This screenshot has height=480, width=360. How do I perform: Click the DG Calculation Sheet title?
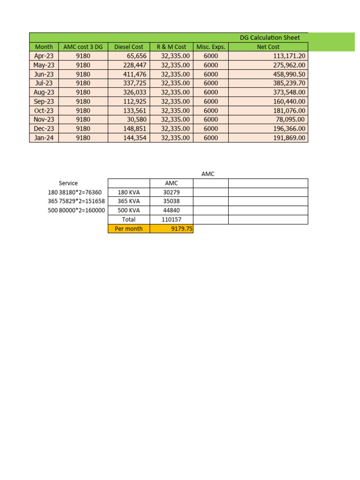coord(270,37)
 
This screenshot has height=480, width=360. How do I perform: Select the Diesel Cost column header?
coord(129,47)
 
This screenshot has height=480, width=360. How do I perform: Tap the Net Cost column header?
coord(268,47)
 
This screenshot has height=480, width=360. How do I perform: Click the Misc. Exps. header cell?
coord(211,47)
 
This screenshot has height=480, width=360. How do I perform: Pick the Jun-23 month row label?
coord(44,74)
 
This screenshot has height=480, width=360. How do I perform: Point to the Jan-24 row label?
coord(44,138)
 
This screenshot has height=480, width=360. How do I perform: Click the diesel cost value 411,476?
coord(135,74)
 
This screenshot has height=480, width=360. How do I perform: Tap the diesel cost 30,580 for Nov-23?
coord(136,120)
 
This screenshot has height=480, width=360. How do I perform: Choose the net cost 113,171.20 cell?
coord(285,56)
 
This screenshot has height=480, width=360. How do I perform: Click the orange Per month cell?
coord(129,229)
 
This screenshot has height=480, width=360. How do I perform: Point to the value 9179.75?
coord(182,229)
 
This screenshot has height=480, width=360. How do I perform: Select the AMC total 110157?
coord(171,219)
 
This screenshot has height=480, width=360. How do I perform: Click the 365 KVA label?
coord(129,201)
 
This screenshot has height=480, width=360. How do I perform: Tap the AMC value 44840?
coord(171,210)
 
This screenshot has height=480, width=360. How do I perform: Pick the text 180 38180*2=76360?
coord(75,192)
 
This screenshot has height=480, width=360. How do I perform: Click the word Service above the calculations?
coord(68,183)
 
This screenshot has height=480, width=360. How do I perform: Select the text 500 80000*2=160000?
coord(76,210)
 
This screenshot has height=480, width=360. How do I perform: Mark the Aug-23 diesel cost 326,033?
coord(135,92)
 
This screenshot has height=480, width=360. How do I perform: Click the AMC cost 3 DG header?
coord(83,47)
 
